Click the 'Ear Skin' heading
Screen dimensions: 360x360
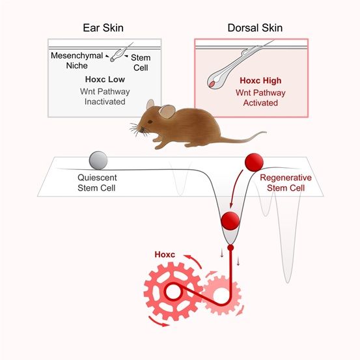click(x=103, y=28)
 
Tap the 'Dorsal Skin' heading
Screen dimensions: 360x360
click(x=255, y=28)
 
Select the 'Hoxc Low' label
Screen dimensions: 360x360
click(x=105, y=79)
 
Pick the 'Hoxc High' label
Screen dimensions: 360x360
click(x=260, y=81)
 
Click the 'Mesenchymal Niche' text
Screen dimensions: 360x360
click(x=77, y=61)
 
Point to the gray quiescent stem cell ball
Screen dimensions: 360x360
click(x=98, y=160)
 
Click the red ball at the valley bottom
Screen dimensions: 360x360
click(x=230, y=221)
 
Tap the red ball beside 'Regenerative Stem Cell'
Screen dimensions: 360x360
click(x=254, y=162)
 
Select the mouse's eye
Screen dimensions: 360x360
click(x=150, y=122)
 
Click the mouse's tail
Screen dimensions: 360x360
click(x=243, y=139)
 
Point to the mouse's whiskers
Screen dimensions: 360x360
click(x=137, y=130)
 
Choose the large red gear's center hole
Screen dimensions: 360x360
click(x=173, y=292)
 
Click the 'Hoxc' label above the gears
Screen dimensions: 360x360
click(x=165, y=255)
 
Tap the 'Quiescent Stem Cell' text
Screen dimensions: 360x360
click(x=97, y=183)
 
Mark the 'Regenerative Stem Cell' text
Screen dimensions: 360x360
click(x=286, y=183)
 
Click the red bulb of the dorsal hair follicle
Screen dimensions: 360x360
click(x=212, y=84)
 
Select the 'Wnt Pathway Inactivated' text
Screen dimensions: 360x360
click(x=105, y=96)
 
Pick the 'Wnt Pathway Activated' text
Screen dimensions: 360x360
click(x=260, y=98)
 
